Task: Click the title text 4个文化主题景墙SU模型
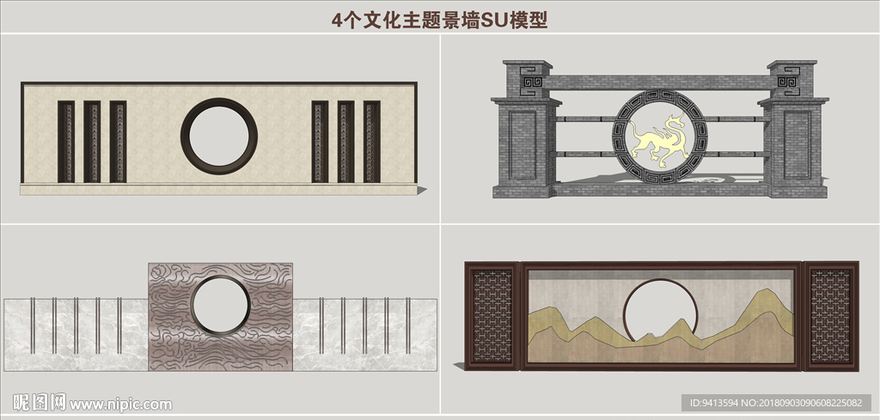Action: point(439,21)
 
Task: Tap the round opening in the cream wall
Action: point(219,137)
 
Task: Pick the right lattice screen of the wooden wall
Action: point(830,316)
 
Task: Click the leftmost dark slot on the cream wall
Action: point(66,142)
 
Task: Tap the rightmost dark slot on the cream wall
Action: point(371,142)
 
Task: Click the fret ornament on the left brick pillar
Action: point(530,81)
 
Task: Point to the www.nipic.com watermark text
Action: point(120,405)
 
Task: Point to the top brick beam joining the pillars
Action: point(660,82)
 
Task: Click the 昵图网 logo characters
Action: point(39,403)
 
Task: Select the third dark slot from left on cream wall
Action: point(118,142)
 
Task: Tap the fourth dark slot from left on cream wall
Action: point(320,142)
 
